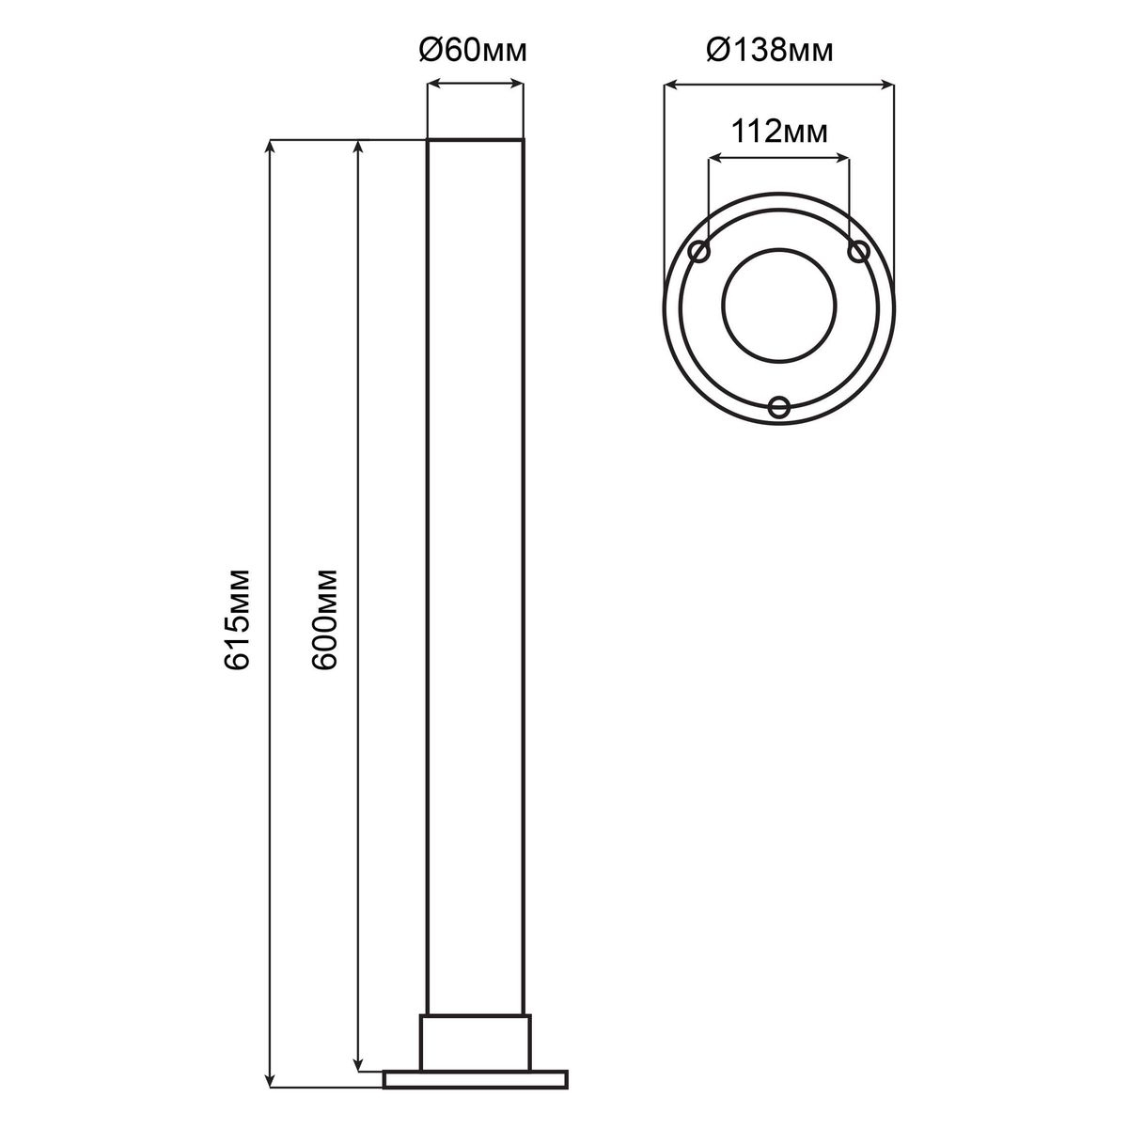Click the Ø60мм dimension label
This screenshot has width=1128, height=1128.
[x=473, y=52]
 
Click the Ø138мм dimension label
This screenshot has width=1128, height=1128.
[x=770, y=52]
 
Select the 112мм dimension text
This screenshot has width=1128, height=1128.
[x=780, y=133]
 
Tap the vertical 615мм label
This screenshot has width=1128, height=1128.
[x=238, y=619]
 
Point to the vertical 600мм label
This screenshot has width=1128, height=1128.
[x=325, y=619]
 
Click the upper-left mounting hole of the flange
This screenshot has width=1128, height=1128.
[x=699, y=252]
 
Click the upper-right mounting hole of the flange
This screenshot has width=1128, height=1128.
[x=858, y=252]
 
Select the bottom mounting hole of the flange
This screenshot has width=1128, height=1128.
[x=779, y=407]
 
